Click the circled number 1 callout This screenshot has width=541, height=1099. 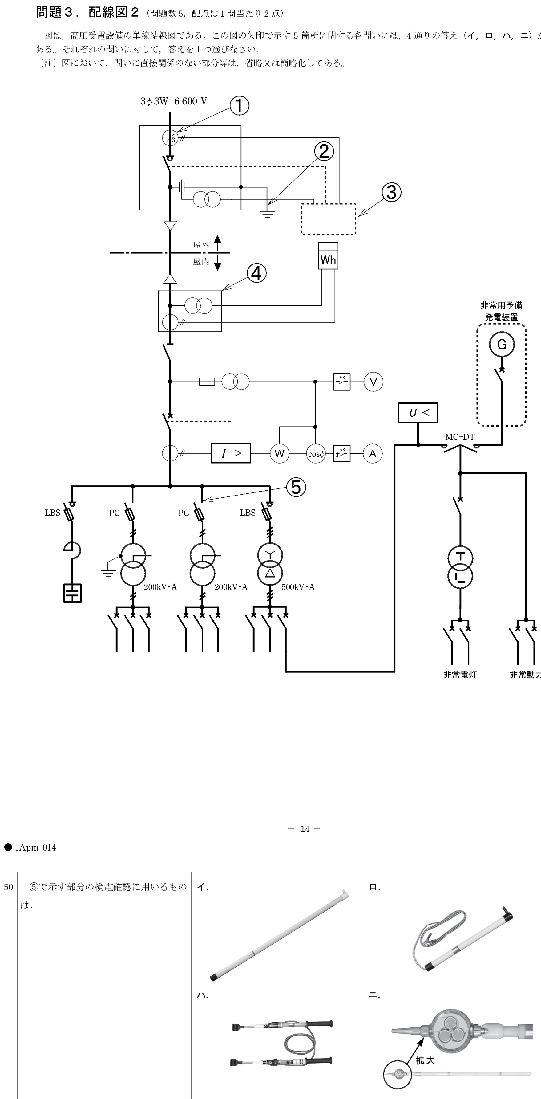(x=239, y=106)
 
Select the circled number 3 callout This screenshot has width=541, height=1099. (x=391, y=192)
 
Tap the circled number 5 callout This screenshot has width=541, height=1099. (x=296, y=487)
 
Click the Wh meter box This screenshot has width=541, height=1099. (x=328, y=256)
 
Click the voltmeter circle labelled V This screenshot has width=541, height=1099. (x=373, y=382)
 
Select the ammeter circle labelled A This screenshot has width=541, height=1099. (x=373, y=454)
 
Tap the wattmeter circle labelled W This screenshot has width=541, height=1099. (x=279, y=454)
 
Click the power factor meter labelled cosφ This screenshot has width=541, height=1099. (x=316, y=454)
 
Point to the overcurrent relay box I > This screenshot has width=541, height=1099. (x=231, y=453)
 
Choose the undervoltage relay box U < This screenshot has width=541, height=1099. (x=418, y=413)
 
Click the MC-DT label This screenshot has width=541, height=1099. (x=460, y=437)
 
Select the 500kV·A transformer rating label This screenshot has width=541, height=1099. (x=298, y=587)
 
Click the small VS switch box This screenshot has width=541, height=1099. (x=342, y=382)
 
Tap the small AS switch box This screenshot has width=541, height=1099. (x=342, y=454)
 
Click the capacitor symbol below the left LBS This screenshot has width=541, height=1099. (x=72, y=593)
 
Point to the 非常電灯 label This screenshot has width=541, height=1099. (x=460, y=675)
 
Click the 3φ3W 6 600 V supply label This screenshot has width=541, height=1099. (x=174, y=101)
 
